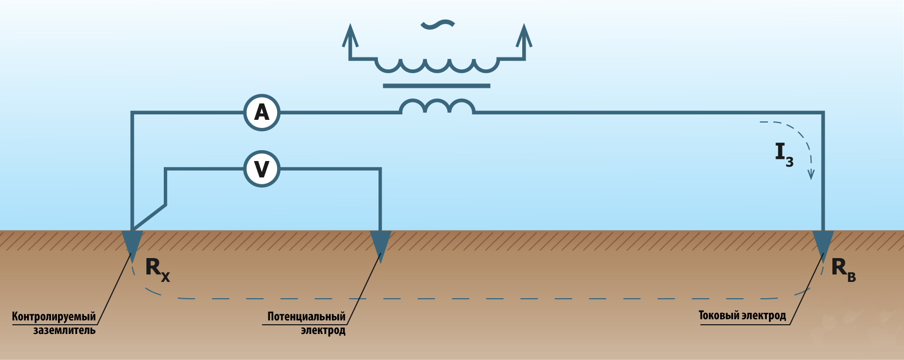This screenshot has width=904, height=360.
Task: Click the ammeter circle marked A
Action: [262, 112]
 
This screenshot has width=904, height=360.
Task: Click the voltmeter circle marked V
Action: [262, 169]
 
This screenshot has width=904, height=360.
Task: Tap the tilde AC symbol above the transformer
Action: [437, 24]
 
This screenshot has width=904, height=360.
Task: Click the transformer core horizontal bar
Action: [437, 86]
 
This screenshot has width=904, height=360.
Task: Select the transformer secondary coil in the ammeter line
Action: [437, 106]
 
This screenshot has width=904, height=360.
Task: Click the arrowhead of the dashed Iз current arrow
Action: [811, 174]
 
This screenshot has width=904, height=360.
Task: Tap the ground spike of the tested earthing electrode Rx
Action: [132, 242]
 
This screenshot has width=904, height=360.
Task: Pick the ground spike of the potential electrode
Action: [380, 243]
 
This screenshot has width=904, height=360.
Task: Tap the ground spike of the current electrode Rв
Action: [823, 243]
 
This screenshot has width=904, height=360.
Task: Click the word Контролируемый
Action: [54, 317]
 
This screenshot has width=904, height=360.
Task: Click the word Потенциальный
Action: [306, 317]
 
